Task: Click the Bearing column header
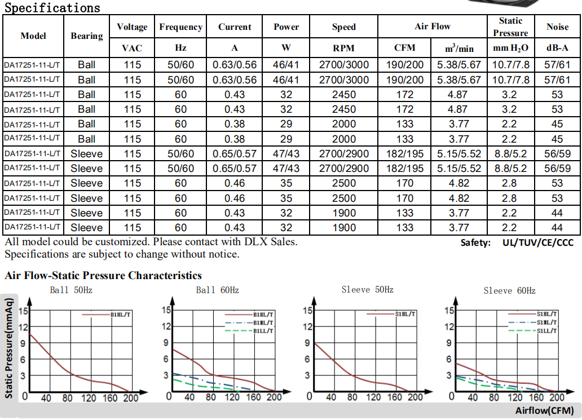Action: click(x=87, y=36)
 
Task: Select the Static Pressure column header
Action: click(x=510, y=26)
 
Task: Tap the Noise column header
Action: click(x=557, y=26)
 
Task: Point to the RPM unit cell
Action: click(x=343, y=48)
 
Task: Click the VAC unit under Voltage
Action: click(x=132, y=48)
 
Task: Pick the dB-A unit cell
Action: click(x=557, y=48)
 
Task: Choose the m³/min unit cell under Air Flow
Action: click(x=459, y=48)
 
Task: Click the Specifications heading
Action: click(x=52, y=8)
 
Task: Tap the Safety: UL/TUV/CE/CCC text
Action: click(x=517, y=242)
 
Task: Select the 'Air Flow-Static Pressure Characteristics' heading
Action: click(x=103, y=276)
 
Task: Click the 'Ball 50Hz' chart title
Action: click(x=71, y=290)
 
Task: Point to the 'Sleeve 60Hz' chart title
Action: click(x=509, y=291)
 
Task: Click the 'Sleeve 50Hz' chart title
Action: click(x=367, y=290)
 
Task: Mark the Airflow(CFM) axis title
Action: click(x=544, y=410)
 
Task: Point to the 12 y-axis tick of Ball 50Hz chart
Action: click(x=23, y=327)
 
